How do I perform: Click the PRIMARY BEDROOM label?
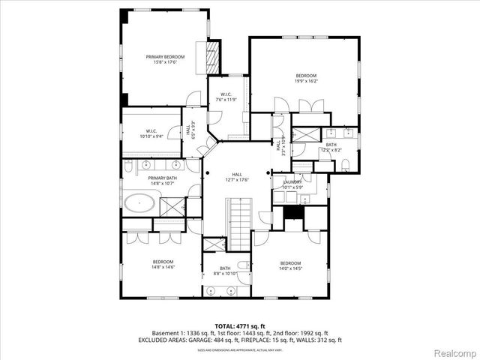tap(166, 59)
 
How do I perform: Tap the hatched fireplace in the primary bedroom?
tap(211, 55)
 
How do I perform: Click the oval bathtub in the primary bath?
tap(140, 203)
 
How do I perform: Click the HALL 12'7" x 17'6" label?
tap(236, 178)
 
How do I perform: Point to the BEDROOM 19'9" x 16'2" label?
tap(306, 79)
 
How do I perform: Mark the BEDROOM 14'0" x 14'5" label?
tap(290, 265)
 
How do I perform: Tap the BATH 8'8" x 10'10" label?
tap(226, 271)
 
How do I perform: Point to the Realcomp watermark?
tap(454, 352)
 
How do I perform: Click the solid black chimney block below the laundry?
tap(295, 214)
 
